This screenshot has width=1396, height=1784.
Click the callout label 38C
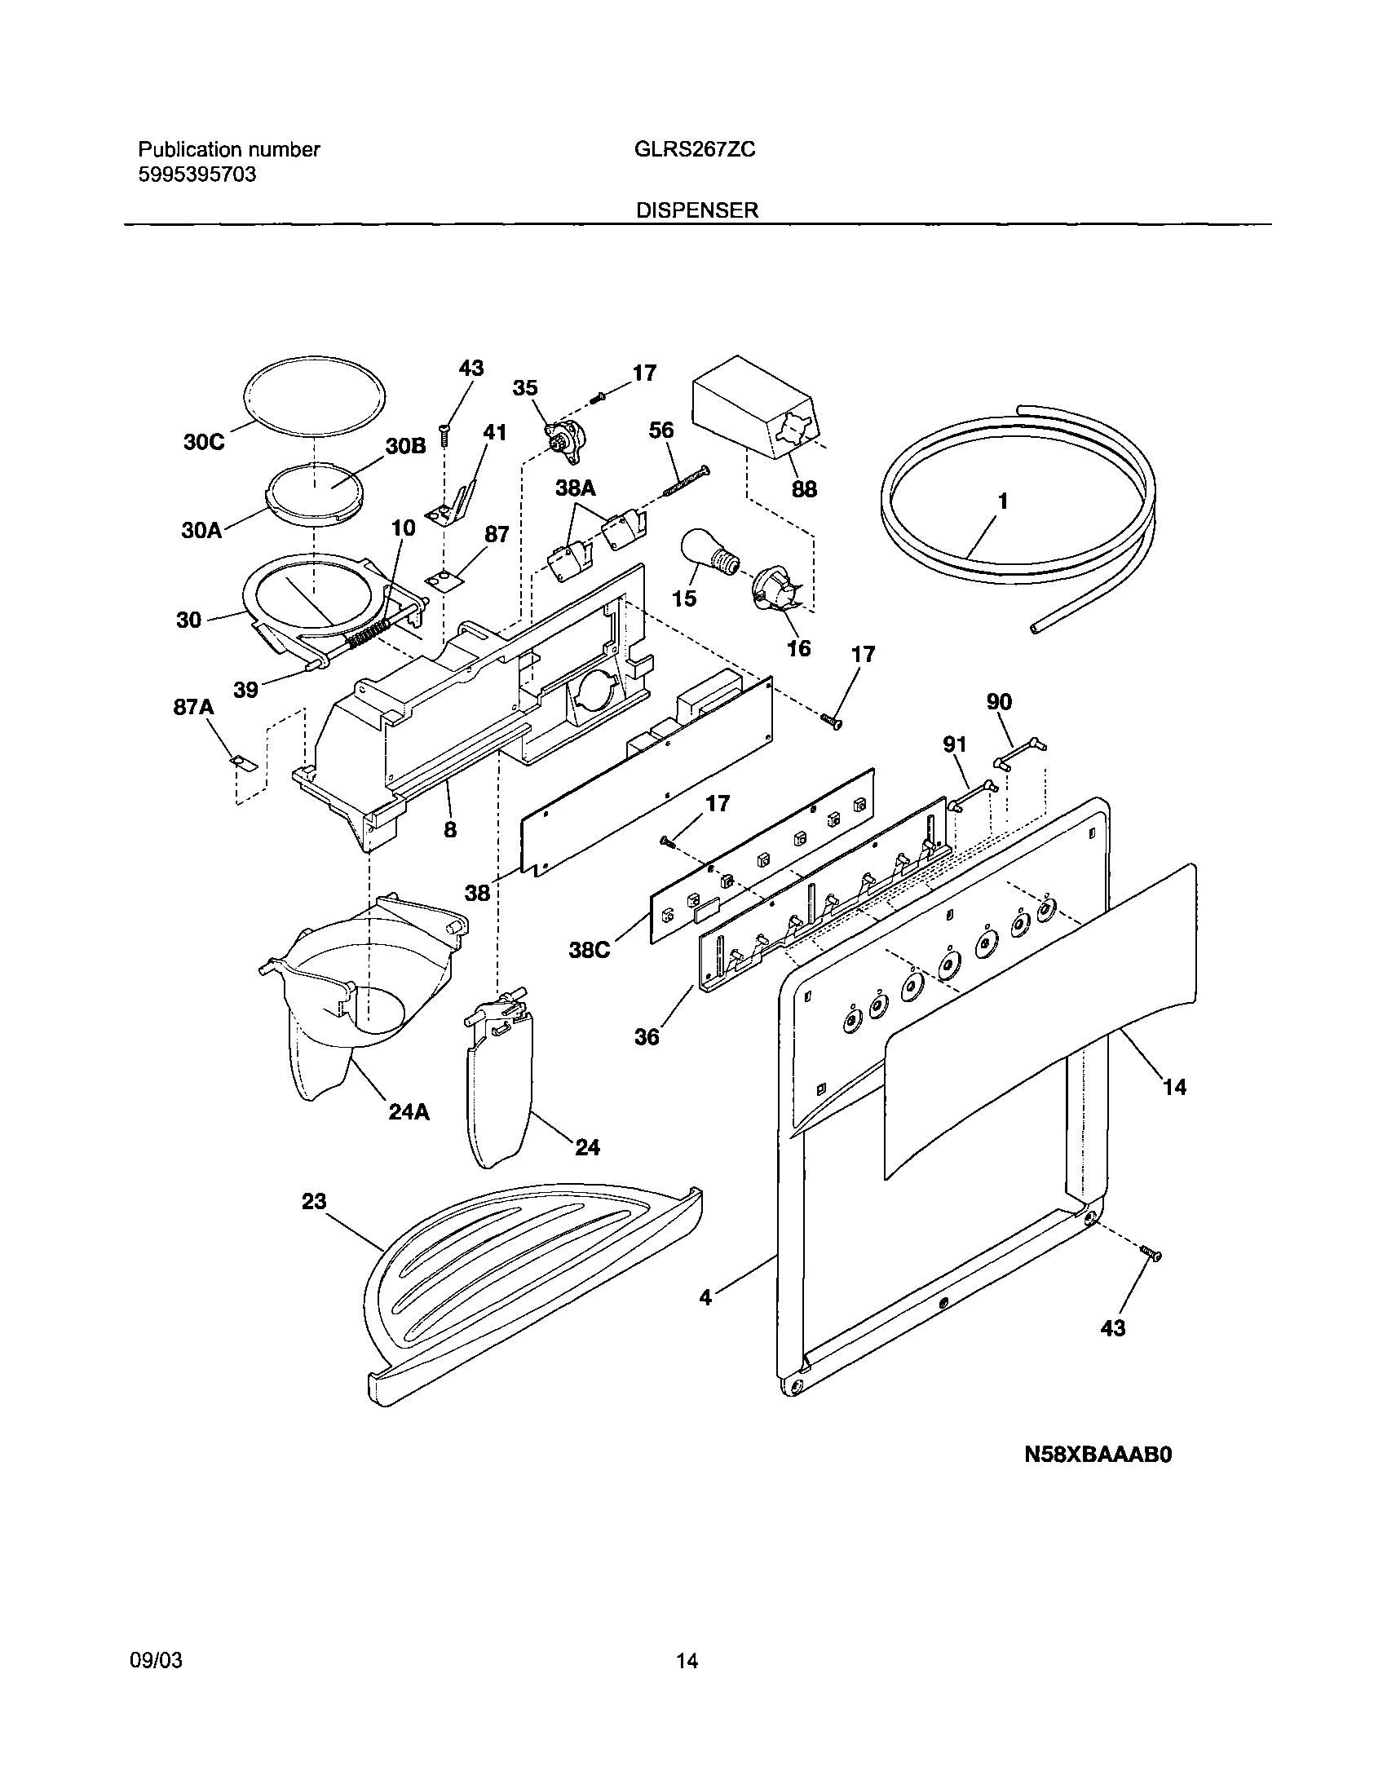(590, 951)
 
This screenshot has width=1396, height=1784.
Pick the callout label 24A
(409, 1111)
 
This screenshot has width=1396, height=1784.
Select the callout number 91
(955, 744)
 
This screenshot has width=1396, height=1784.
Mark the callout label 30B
(406, 446)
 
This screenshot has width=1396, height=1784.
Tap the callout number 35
(525, 388)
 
